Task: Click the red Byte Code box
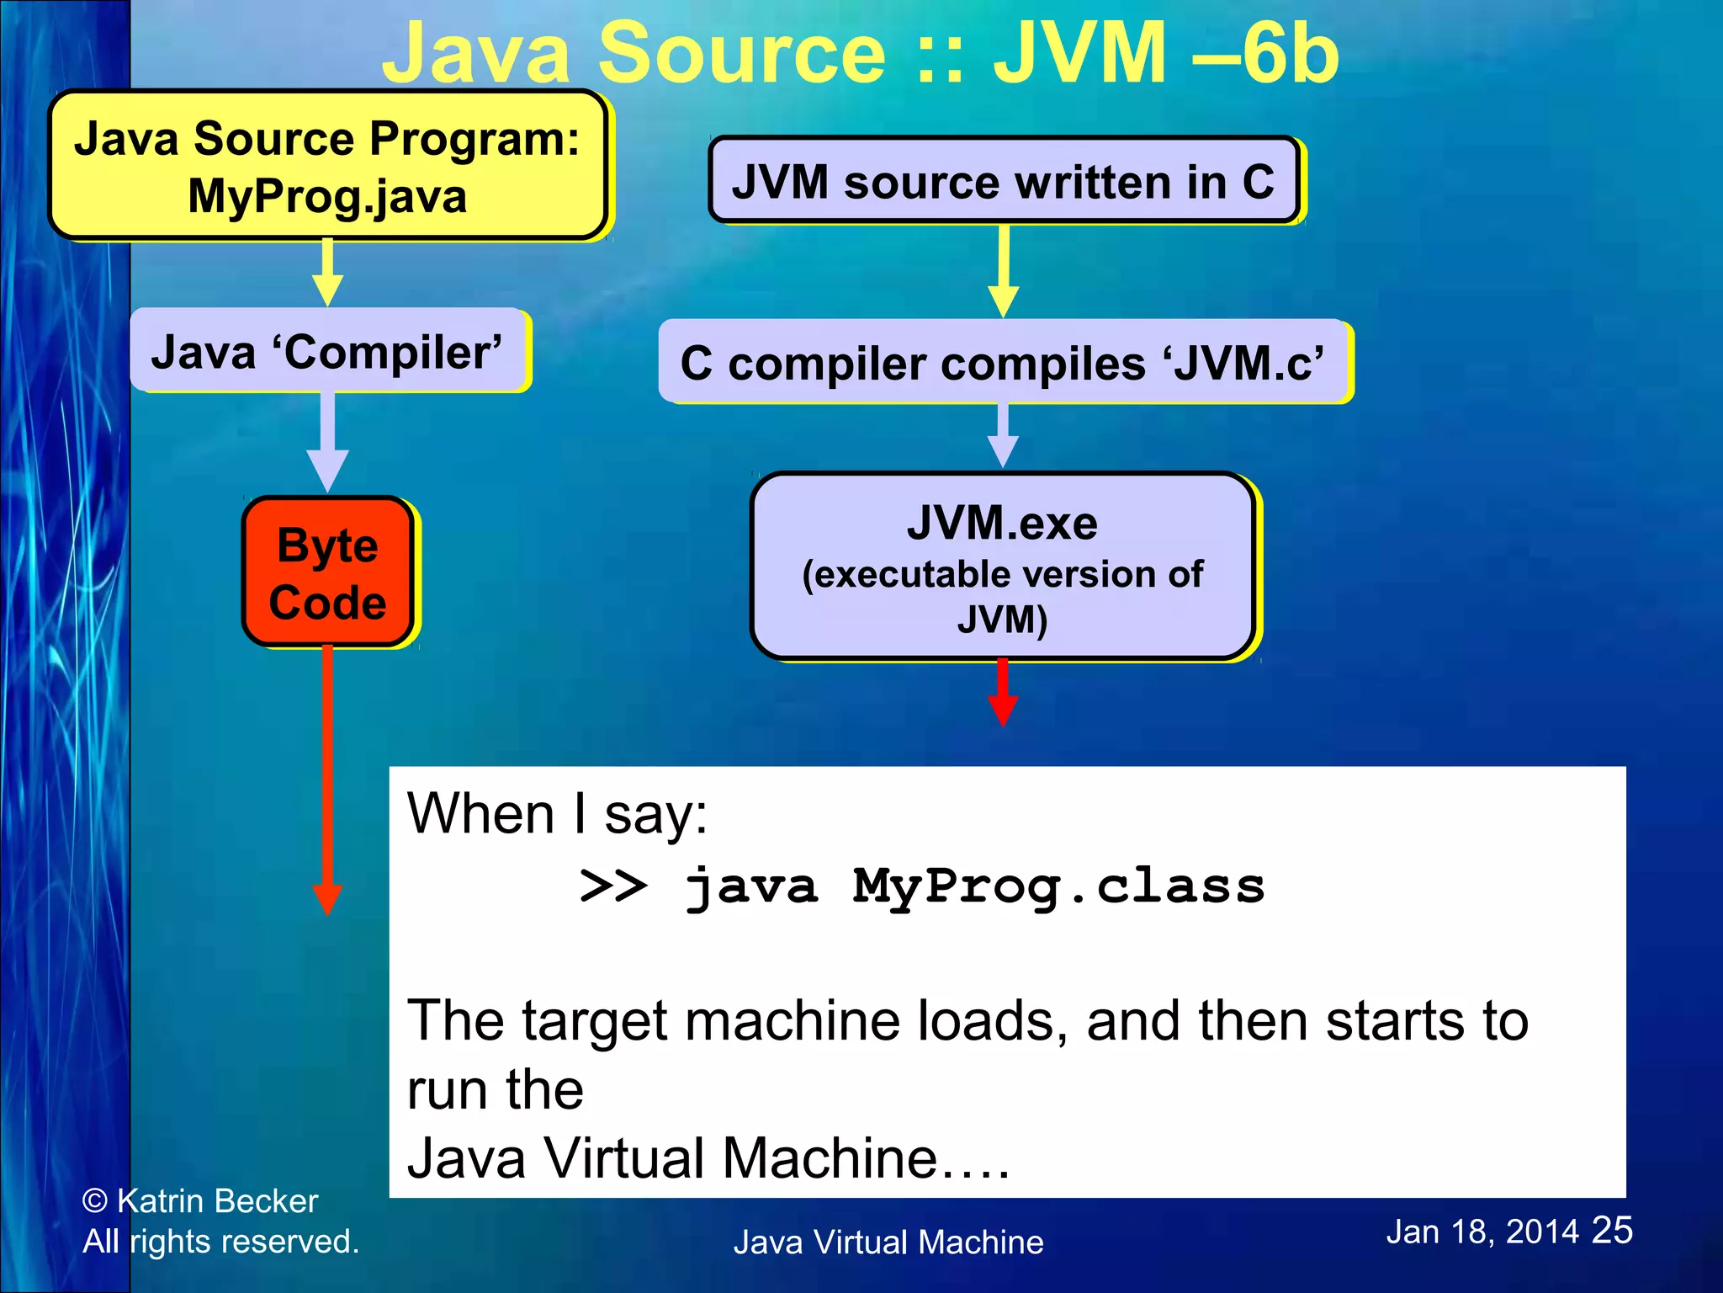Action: [x=328, y=572]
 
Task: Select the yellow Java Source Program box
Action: [x=328, y=166]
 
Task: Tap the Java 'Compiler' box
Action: [x=328, y=352]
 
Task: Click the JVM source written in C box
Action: [x=1003, y=181]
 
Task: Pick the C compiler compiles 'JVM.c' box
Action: [x=1003, y=363]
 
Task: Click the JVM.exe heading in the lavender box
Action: [x=1002, y=523]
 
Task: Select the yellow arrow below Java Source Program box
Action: [x=327, y=271]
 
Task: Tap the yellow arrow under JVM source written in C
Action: [x=1003, y=269]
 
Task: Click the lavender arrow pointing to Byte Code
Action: [x=327, y=441]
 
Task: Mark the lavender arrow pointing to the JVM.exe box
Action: [x=1002, y=434]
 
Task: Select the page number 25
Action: [x=1612, y=1231]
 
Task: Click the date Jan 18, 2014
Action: [x=1482, y=1232]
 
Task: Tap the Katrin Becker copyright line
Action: [x=200, y=1201]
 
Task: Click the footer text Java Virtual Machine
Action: [x=888, y=1242]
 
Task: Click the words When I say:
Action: [x=557, y=814]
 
